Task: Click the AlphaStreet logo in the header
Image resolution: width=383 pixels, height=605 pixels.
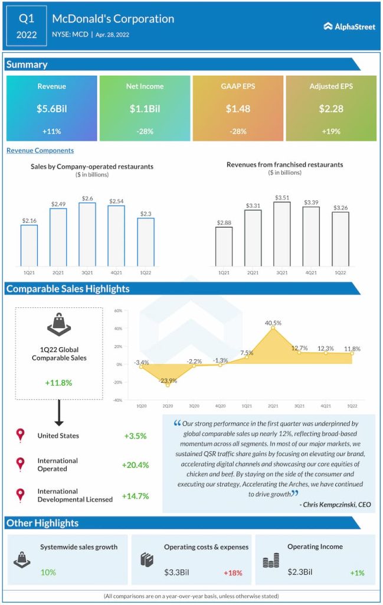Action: (x=349, y=26)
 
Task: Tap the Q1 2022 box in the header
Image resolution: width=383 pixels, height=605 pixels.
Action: (x=26, y=26)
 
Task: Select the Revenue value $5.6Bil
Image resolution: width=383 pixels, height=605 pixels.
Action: (x=51, y=108)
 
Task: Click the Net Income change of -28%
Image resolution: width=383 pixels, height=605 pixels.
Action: (x=145, y=131)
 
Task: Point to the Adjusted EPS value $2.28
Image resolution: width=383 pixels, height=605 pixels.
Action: (x=331, y=108)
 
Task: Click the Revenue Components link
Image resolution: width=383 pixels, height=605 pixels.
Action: (x=40, y=151)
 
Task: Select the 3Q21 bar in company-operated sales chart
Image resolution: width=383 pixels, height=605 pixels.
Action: (x=87, y=234)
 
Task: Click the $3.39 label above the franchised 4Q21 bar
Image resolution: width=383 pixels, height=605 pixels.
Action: (x=311, y=203)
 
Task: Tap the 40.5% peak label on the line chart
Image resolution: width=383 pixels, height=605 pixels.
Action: (x=273, y=323)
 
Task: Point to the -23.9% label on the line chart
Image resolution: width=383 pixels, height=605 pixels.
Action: (x=168, y=380)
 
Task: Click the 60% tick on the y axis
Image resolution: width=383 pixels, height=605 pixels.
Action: (x=118, y=311)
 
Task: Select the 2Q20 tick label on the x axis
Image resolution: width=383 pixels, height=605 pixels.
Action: (x=168, y=406)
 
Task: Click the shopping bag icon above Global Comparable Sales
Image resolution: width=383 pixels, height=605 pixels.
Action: (x=58, y=324)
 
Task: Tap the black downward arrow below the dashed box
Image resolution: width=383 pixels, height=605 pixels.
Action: (x=58, y=414)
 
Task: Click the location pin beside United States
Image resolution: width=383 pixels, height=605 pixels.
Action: (x=21, y=435)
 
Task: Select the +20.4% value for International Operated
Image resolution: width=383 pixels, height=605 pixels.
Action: (x=135, y=465)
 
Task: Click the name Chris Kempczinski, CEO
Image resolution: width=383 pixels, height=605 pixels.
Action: (x=335, y=505)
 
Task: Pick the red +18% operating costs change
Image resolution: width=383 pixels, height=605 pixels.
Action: (x=233, y=573)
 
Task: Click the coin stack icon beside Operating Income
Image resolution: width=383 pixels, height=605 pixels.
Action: (x=271, y=560)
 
